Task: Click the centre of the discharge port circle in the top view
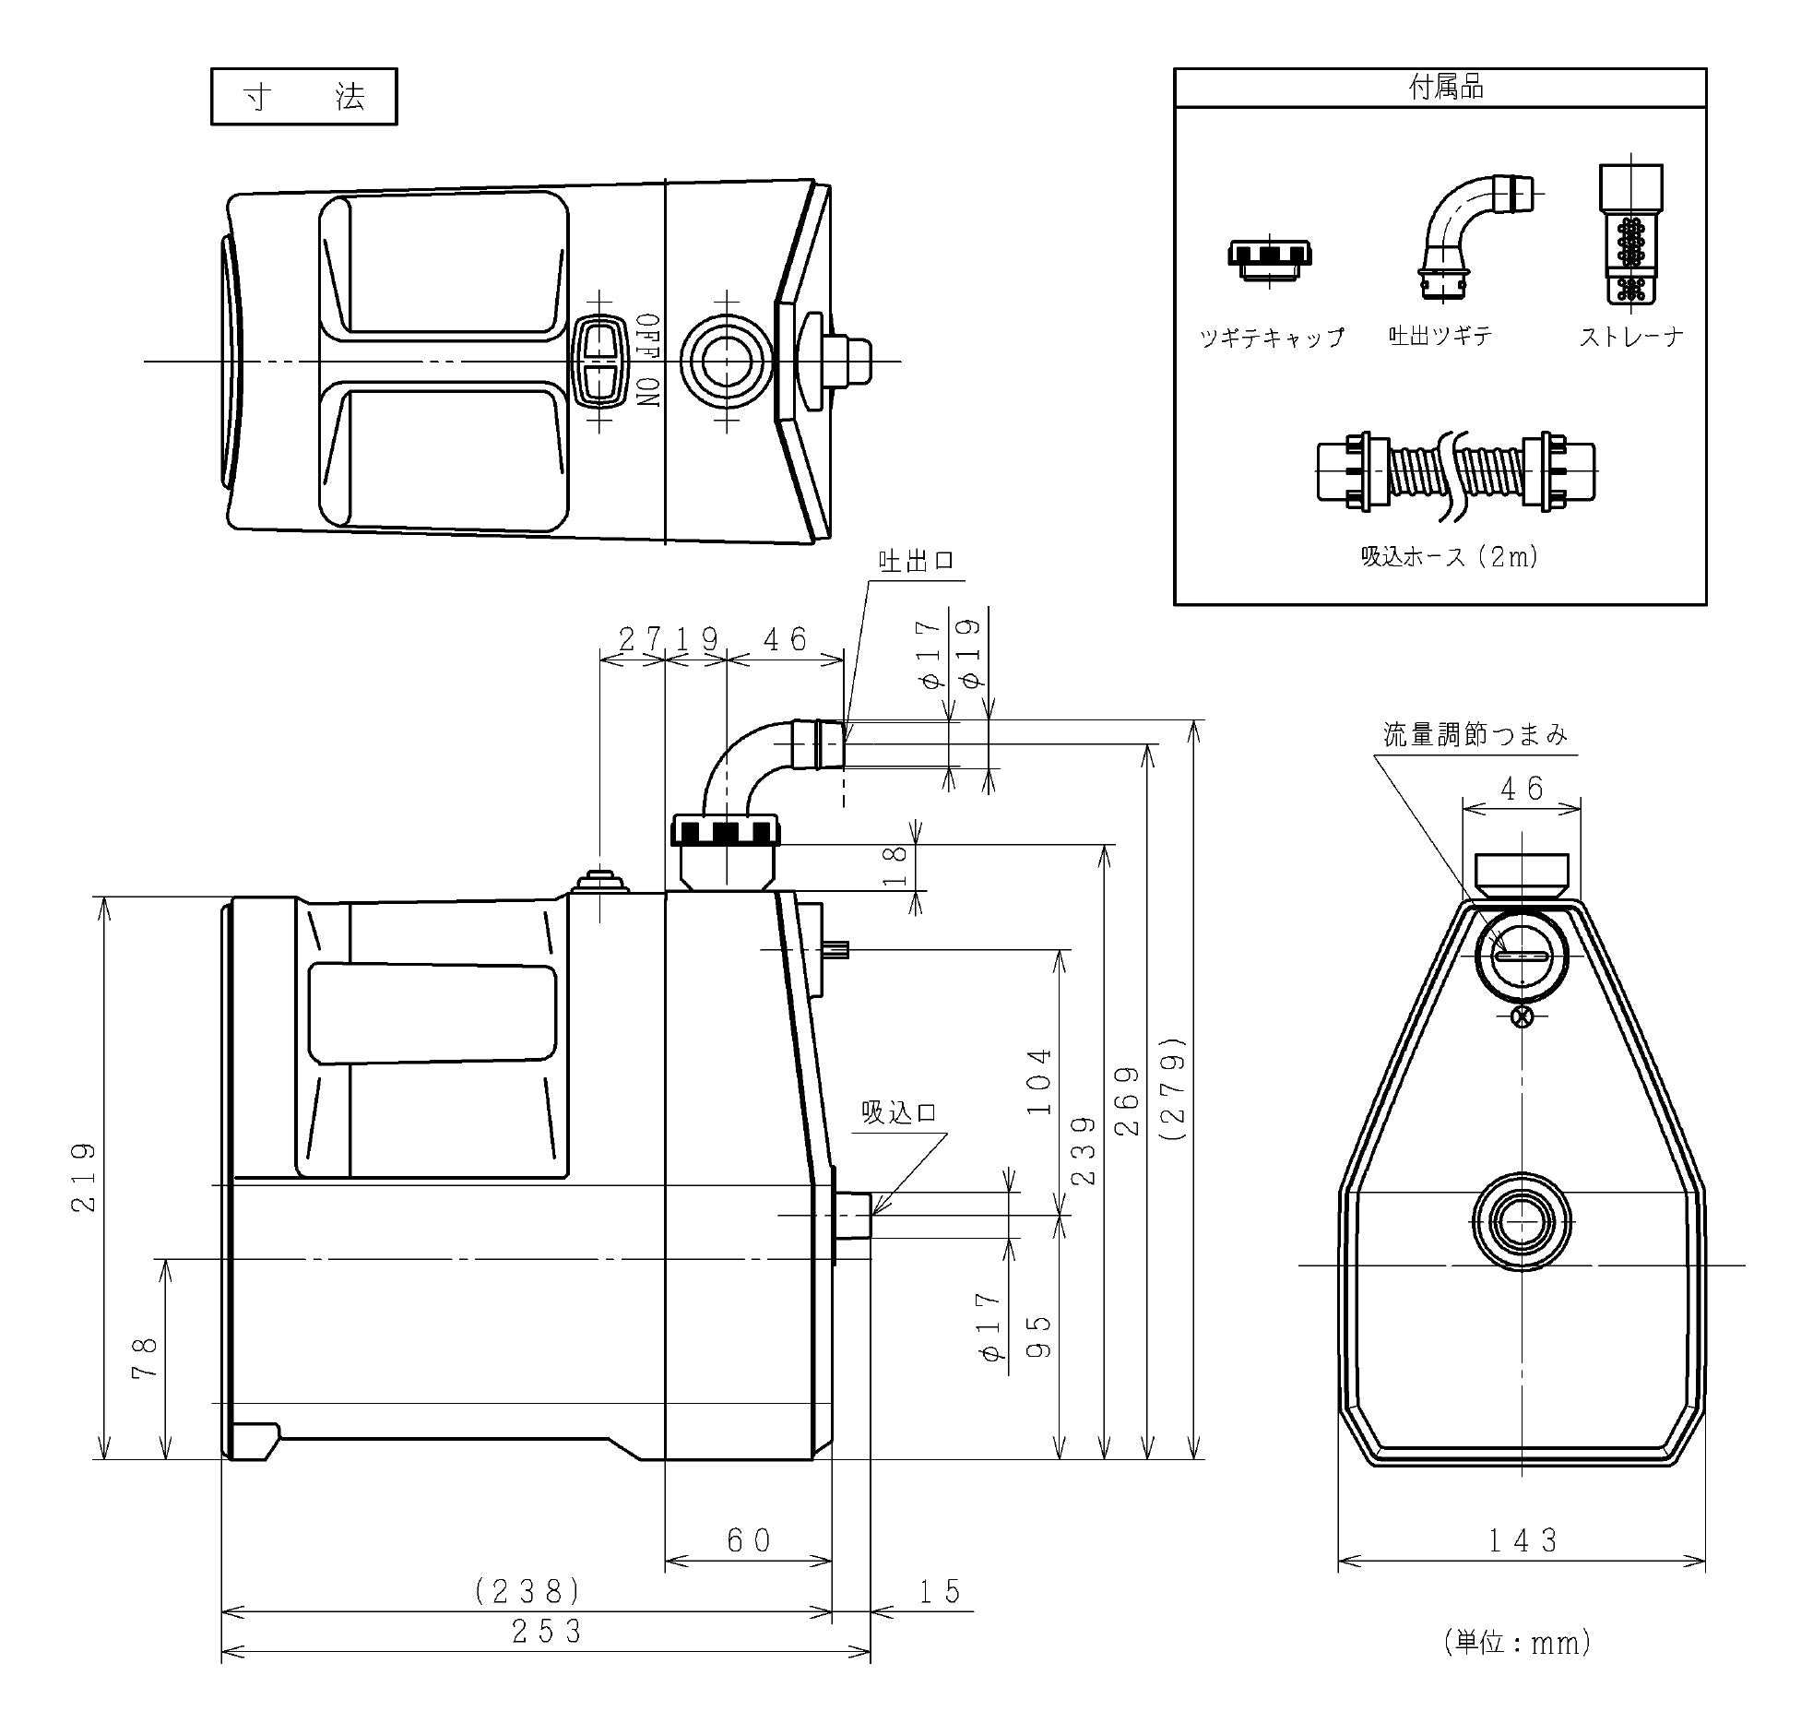click(x=727, y=361)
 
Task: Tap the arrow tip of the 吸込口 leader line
click(x=872, y=1214)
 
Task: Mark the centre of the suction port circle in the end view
click(x=1522, y=1222)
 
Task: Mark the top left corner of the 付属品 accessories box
click(x=1174, y=68)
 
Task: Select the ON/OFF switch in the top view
click(x=599, y=361)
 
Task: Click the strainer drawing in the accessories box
click(x=1630, y=234)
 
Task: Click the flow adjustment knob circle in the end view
click(x=1522, y=956)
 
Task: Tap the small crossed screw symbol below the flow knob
click(x=1522, y=1017)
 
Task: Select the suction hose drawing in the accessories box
click(x=1456, y=471)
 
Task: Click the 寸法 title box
click(x=304, y=96)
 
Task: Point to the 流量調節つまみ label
click(x=1475, y=734)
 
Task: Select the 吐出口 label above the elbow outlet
click(x=917, y=561)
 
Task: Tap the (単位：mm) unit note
click(x=1517, y=1642)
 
